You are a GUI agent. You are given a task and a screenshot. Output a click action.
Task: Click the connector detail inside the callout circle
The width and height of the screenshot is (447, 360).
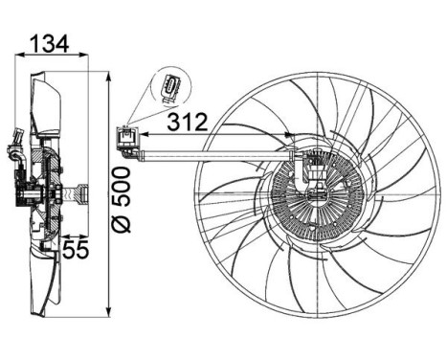pos(170,87)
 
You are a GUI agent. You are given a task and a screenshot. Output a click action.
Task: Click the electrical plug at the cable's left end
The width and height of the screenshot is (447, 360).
pos(126,142)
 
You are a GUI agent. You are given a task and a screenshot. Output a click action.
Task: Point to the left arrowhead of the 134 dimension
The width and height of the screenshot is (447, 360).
pos(15,56)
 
